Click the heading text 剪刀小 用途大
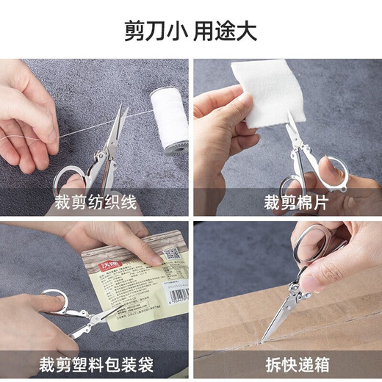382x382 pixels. (x=191, y=32)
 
